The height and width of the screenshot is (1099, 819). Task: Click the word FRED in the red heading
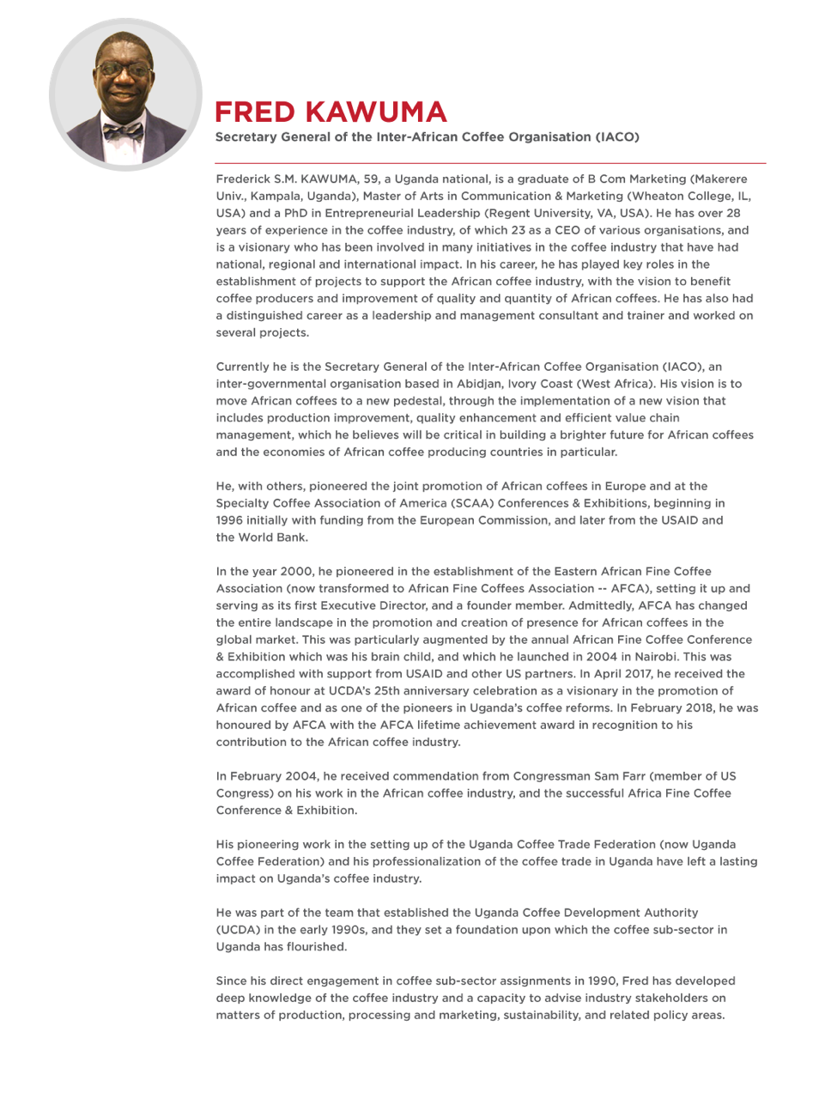(255, 112)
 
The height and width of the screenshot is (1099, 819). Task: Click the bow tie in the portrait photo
(123, 131)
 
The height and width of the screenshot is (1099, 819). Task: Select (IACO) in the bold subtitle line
(616, 137)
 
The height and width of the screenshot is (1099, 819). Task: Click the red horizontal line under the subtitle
(489, 163)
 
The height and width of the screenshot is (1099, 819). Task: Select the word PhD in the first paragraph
(297, 214)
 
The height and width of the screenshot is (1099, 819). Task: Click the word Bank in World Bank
(292, 537)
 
